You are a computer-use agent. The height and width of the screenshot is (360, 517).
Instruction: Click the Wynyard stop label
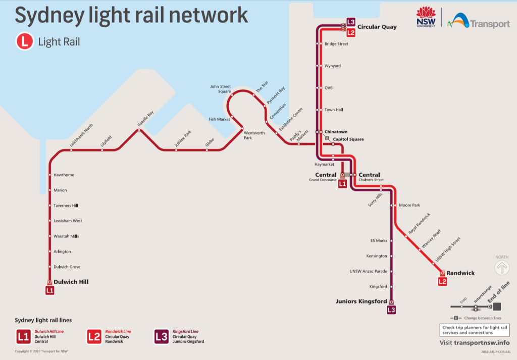pyautogui.click(x=332, y=66)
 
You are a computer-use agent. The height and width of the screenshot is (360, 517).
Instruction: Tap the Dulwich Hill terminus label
pyautogui.click(x=71, y=282)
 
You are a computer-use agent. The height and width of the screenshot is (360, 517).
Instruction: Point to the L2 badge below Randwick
pyautogui.click(x=442, y=281)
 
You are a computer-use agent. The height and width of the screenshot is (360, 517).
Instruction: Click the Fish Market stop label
pyautogui.click(x=219, y=119)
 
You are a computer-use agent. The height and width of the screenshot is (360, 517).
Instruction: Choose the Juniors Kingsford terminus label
pyautogui.click(x=361, y=301)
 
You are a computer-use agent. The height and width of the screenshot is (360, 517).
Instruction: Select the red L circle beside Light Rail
pyautogui.click(x=24, y=42)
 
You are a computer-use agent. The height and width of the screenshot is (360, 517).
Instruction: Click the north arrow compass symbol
pyautogui.click(x=502, y=268)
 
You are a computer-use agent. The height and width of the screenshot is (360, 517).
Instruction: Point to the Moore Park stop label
pyautogui.click(x=409, y=205)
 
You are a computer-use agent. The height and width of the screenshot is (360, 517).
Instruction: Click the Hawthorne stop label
pyautogui.click(x=64, y=175)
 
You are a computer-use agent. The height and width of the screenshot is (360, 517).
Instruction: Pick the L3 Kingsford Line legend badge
pyautogui.click(x=162, y=336)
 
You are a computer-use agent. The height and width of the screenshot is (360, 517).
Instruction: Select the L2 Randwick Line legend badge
pyautogui.click(x=94, y=336)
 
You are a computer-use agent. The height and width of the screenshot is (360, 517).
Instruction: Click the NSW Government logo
pyautogui.click(x=426, y=18)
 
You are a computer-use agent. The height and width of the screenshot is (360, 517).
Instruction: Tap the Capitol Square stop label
pyautogui.click(x=348, y=139)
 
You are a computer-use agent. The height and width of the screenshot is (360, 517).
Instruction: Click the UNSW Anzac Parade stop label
pyautogui.click(x=368, y=271)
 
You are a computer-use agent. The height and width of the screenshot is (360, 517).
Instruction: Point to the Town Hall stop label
pyautogui.click(x=334, y=110)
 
